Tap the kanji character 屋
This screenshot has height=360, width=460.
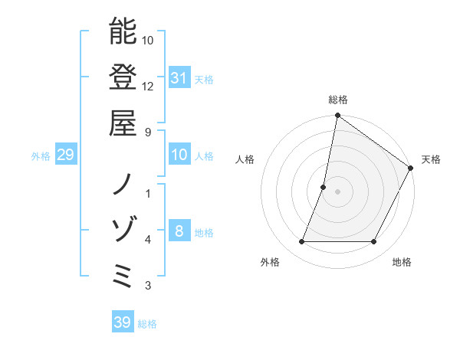point(123,123)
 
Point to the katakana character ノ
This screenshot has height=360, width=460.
point(123,184)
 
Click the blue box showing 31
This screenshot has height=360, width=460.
point(179,78)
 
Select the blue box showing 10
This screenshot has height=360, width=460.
point(179,155)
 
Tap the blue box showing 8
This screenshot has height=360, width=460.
point(179,232)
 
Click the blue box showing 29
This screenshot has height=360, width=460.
point(65,155)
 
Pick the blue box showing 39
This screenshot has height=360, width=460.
point(123,322)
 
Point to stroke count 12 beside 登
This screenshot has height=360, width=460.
point(148,86)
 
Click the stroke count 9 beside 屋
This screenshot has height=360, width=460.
point(148,133)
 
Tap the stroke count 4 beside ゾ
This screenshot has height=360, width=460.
point(148,240)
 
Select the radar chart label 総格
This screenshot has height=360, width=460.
point(337,100)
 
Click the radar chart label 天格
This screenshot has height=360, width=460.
point(431,159)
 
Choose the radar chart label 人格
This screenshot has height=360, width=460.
point(245,159)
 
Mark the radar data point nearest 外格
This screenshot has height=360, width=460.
point(301,242)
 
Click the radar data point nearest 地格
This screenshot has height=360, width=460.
point(374,242)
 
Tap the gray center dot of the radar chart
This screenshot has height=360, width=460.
point(337,191)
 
